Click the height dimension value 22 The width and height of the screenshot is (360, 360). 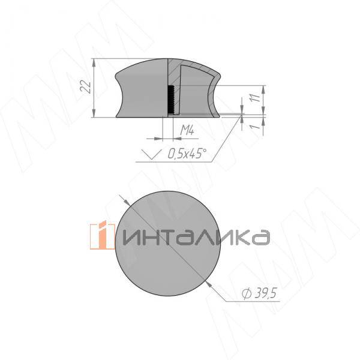click(88, 88)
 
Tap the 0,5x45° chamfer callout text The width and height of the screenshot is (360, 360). click(187, 154)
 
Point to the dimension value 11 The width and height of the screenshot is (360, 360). click(254, 99)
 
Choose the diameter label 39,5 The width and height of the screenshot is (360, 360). click(265, 293)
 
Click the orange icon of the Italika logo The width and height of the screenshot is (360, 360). click(106, 236)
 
